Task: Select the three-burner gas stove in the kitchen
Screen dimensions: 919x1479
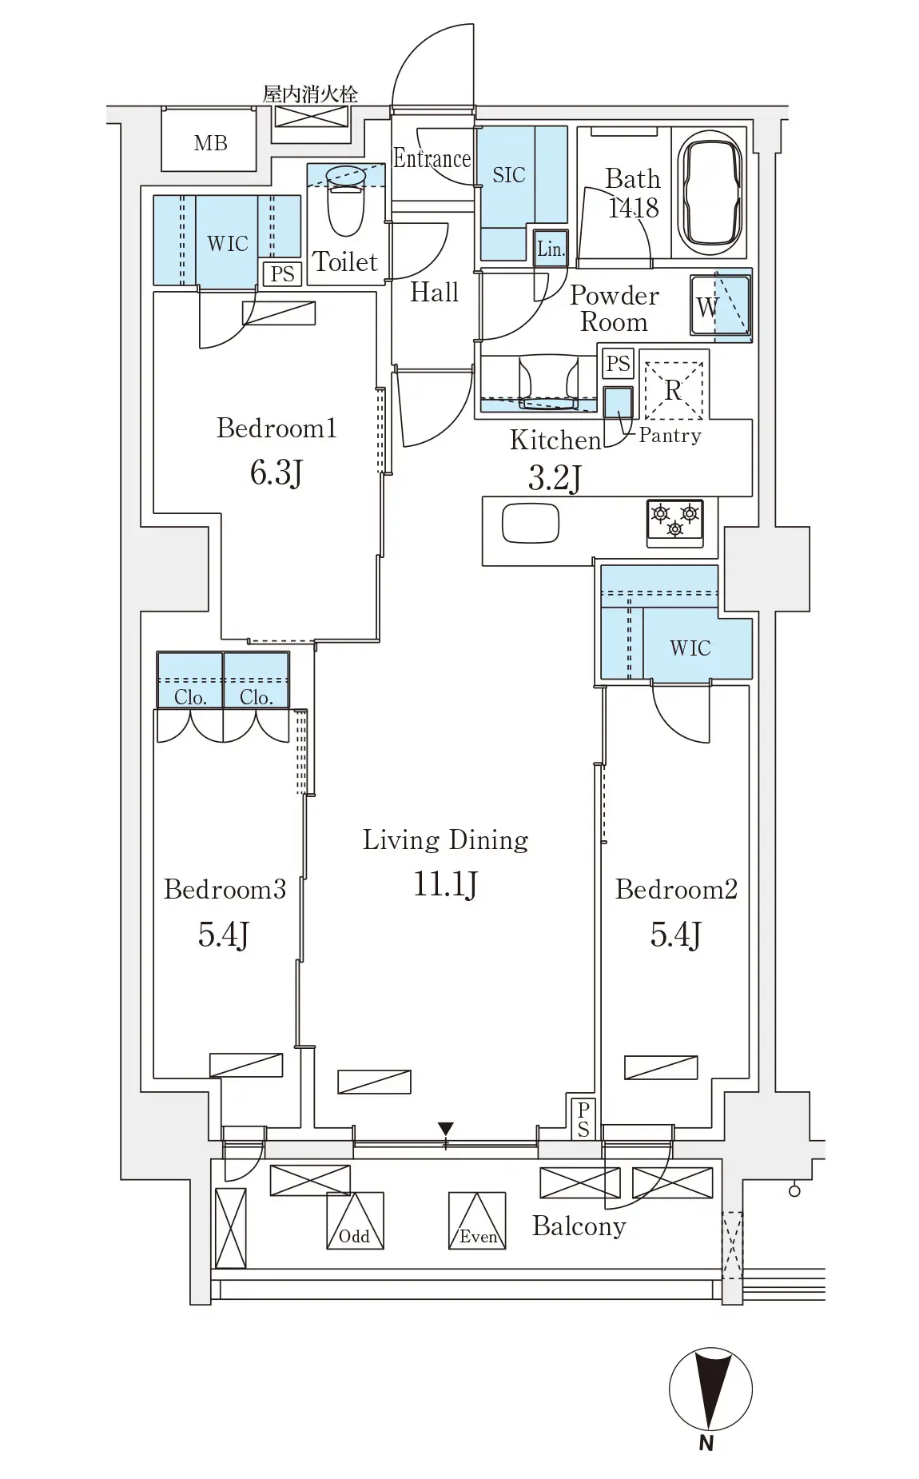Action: click(x=675, y=523)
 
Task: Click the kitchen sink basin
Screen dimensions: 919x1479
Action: click(x=530, y=523)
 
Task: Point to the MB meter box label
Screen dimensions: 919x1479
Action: click(x=210, y=143)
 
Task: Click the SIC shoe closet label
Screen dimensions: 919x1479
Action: click(x=509, y=174)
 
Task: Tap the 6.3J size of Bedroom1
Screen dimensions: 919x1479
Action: click(x=276, y=472)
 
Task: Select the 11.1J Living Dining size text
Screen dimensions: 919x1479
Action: click(x=445, y=884)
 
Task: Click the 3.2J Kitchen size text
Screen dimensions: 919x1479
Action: click(x=555, y=478)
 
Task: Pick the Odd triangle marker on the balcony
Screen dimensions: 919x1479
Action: click(x=355, y=1221)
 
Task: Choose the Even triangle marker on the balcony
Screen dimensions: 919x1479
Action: click(x=477, y=1221)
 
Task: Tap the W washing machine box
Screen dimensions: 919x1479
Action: click(x=721, y=305)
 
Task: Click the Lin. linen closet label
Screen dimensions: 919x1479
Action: click(x=551, y=249)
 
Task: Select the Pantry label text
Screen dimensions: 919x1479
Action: click(x=670, y=436)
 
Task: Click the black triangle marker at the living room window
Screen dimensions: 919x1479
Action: click(x=446, y=1129)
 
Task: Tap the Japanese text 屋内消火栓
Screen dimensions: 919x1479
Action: click(x=310, y=94)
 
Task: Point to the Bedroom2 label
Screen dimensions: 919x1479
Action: click(x=676, y=889)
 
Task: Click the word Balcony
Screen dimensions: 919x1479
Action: click(x=579, y=1226)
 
